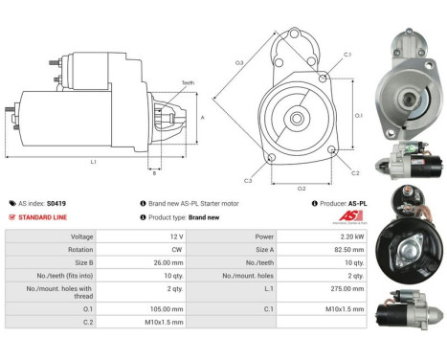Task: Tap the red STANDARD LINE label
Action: pos(43,217)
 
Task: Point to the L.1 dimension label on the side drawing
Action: pos(93,162)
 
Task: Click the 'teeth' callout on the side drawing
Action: pos(188,83)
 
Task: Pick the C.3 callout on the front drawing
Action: pos(248,180)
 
